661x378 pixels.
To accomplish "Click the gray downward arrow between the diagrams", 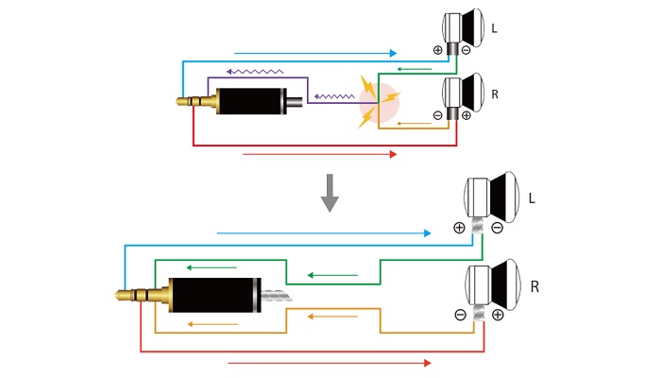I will [330, 192].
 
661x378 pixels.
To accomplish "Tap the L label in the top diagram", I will [494, 29].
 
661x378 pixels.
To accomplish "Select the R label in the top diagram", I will [495, 95].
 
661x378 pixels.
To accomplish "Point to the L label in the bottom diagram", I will [532, 198].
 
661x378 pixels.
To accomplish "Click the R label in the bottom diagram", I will [535, 286].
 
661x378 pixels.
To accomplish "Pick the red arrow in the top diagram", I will [319, 154].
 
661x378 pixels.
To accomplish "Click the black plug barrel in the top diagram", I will [252, 101].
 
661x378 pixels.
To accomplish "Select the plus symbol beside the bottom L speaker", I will [459, 228].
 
